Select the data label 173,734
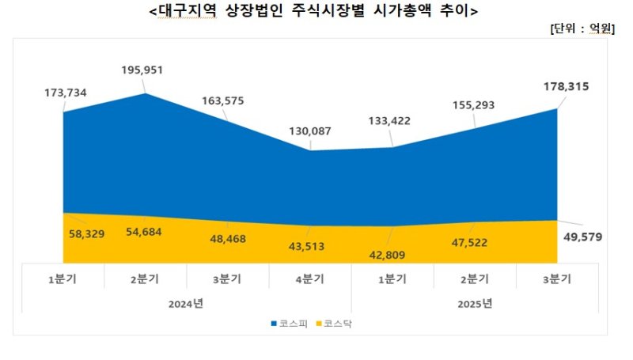point(66,93)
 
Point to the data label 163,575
point(229,100)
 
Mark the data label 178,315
point(559,86)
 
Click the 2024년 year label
point(188,303)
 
